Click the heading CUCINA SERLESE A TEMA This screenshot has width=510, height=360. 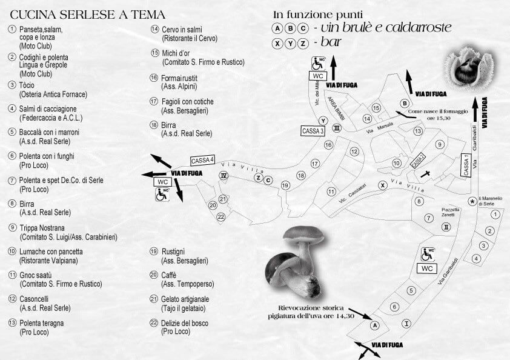coord(87,15)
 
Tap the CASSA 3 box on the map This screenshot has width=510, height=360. coord(313,131)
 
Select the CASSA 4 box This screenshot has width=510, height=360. coord(202,160)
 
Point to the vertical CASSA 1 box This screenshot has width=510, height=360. coord(466,165)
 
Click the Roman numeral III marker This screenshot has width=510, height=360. coord(337,128)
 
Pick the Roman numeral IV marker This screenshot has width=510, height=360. coord(224,176)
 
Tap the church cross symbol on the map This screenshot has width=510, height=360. coord(425,174)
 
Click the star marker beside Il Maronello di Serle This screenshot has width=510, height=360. coord(472,201)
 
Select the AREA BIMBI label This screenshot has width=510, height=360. coord(336,108)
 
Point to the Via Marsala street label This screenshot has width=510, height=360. coord(380,128)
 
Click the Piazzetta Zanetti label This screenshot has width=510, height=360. coord(451,212)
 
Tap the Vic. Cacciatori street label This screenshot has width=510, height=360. coord(353,193)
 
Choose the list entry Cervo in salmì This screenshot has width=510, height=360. coord(182,30)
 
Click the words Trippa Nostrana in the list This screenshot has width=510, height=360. coord(42,228)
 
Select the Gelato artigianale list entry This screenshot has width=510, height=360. coord(185,299)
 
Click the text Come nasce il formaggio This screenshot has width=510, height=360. coord(438,112)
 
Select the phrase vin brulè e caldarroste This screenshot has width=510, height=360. coord(386,28)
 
